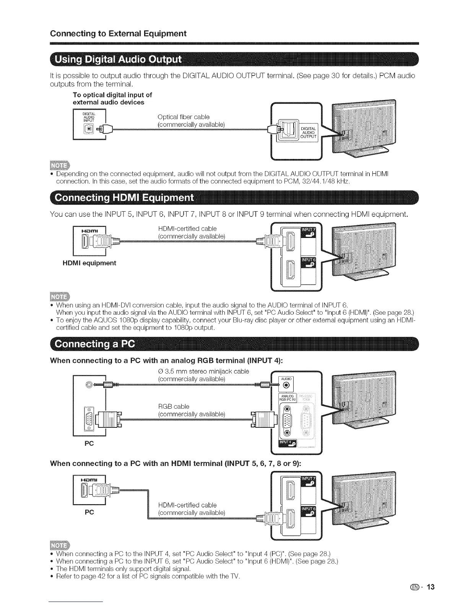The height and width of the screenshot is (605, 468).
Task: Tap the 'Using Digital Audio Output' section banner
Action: pyautogui.click(x=119, y=61)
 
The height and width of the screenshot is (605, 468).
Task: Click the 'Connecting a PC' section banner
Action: pyautogui.click(x=94, y=344)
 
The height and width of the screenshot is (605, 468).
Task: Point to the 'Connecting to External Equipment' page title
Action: pyautogui.click(x=118, y=33)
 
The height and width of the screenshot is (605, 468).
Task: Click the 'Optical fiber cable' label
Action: pyautogui.click(x=184, y=117)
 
